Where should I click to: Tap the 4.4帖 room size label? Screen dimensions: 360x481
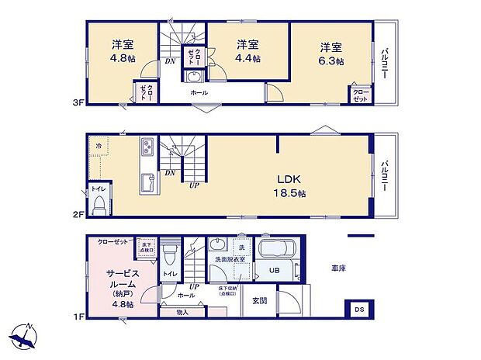pos(248,57)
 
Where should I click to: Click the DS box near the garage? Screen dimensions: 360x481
pos(358,309)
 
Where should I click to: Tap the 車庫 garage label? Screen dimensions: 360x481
pos(339,268)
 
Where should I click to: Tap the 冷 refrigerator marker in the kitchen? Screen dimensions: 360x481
pos(99,145)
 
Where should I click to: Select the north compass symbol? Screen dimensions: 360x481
pos(25,337)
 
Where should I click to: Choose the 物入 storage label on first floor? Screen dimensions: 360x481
pos(182,312)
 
